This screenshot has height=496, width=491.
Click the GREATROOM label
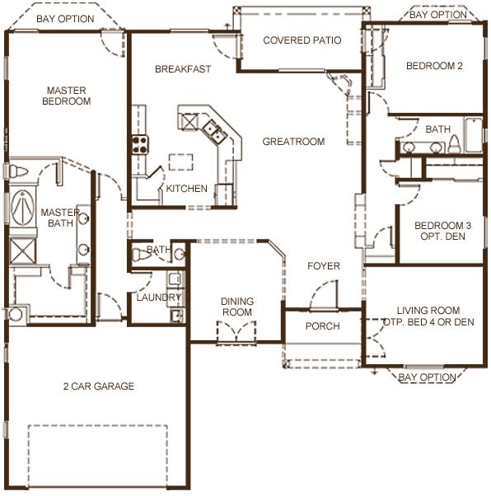(x=293, y=142)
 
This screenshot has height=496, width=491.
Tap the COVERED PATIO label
(x=302, y=40)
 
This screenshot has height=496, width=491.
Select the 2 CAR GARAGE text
(x=99, y=386)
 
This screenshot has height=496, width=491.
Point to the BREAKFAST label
(x=183, y=69)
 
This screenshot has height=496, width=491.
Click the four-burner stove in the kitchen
(x=140, y=144)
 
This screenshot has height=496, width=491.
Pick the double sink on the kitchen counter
(x=215, y=131)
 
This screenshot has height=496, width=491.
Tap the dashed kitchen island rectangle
(x=180, y=162)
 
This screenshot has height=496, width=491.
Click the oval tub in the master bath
(x=23, y=208)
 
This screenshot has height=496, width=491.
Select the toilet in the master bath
(x=17, y=171)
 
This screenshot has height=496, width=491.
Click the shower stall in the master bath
(x=22, y=251)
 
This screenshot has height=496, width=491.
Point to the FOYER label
(x=324, y=266)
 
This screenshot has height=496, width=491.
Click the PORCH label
(x=323, y=326)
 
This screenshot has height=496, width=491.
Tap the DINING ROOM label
(x=237, y=306)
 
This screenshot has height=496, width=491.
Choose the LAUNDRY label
(x=159, y=297)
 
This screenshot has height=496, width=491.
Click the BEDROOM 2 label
(x=434, y=66)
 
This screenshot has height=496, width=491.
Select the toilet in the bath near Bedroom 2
(x=455, y=144)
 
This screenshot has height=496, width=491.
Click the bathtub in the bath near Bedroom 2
(x=473, y=135)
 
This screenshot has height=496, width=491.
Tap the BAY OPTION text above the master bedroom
(x=65, y=19)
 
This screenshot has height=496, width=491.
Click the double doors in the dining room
(x=236, y=333)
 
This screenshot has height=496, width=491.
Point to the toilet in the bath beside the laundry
(x=140, y=255)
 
